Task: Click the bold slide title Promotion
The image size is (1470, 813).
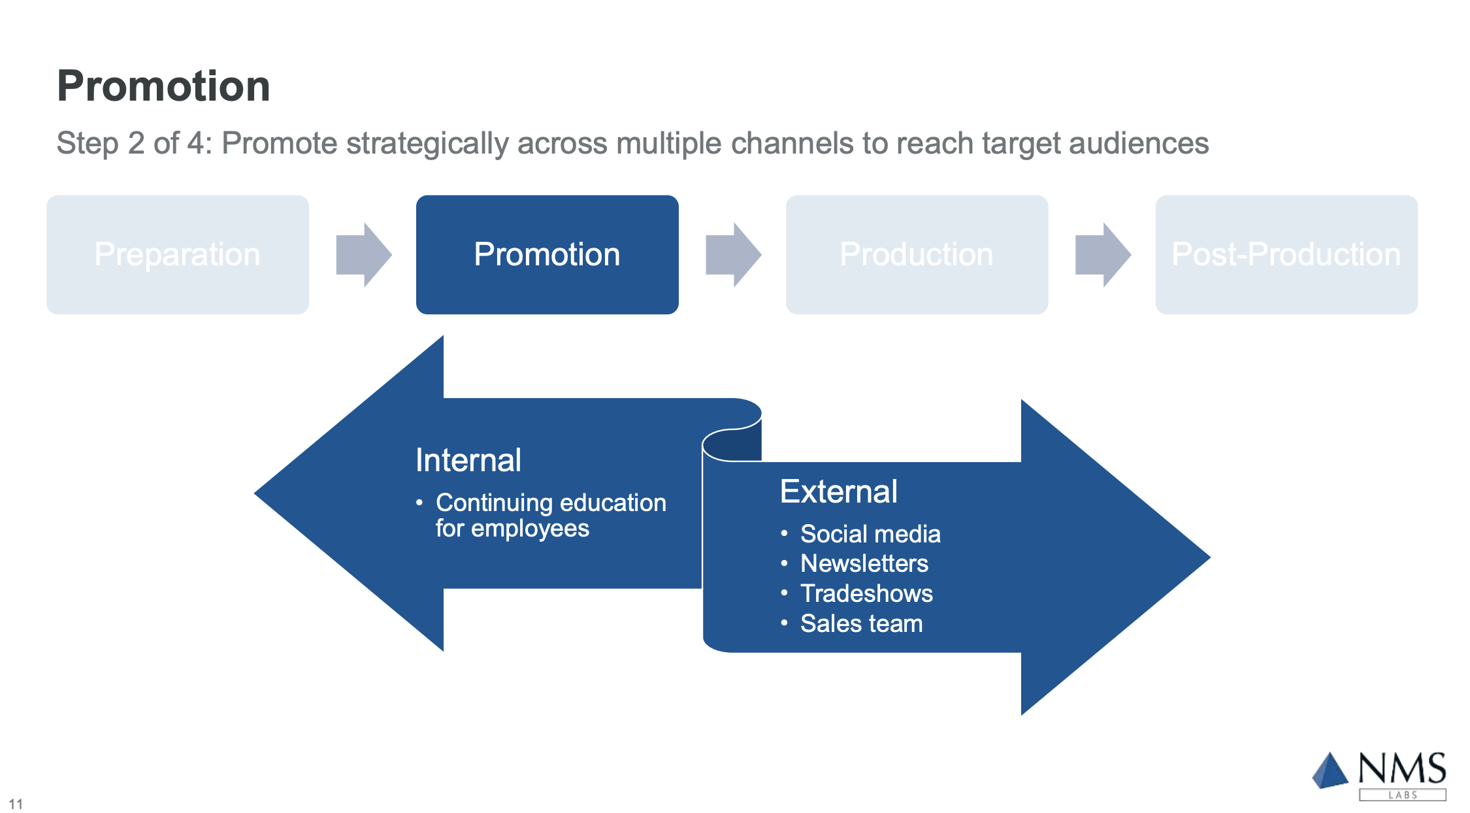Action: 163,86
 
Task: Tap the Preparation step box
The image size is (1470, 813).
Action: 178,254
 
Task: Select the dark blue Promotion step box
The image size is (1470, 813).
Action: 547,254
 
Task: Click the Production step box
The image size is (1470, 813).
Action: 917,254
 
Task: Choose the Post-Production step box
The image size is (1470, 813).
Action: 1286,254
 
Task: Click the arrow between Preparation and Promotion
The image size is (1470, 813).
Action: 364,255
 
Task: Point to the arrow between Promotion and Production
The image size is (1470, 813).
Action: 734,255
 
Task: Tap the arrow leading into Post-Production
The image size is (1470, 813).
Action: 1103,255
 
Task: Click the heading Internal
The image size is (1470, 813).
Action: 468,460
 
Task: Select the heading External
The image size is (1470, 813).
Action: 839,491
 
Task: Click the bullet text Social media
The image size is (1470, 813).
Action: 870,534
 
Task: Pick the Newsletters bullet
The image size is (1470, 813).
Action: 864,563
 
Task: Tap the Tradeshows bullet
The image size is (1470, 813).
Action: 867,593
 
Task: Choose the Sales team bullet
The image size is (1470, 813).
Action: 862,623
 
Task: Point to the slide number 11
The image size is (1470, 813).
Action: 16,804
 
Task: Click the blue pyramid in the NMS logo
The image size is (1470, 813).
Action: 1330,771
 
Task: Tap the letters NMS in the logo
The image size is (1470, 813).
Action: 1402,769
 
